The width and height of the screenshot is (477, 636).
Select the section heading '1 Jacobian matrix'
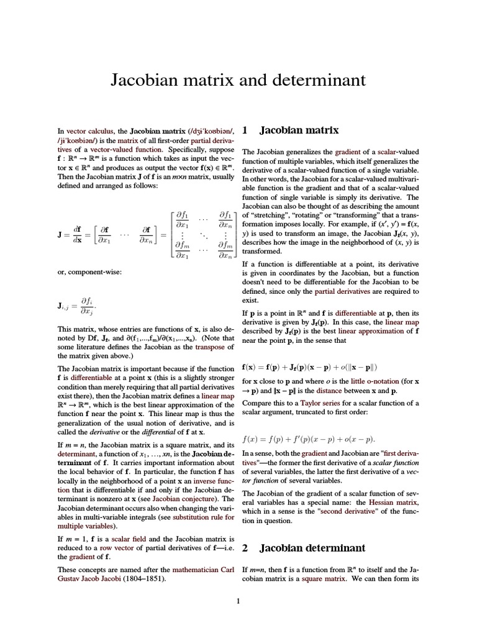coord(291,130)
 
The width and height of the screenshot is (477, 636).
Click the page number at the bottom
coord(238,601)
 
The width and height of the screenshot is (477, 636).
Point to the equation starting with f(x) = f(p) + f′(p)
coord(309,439)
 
